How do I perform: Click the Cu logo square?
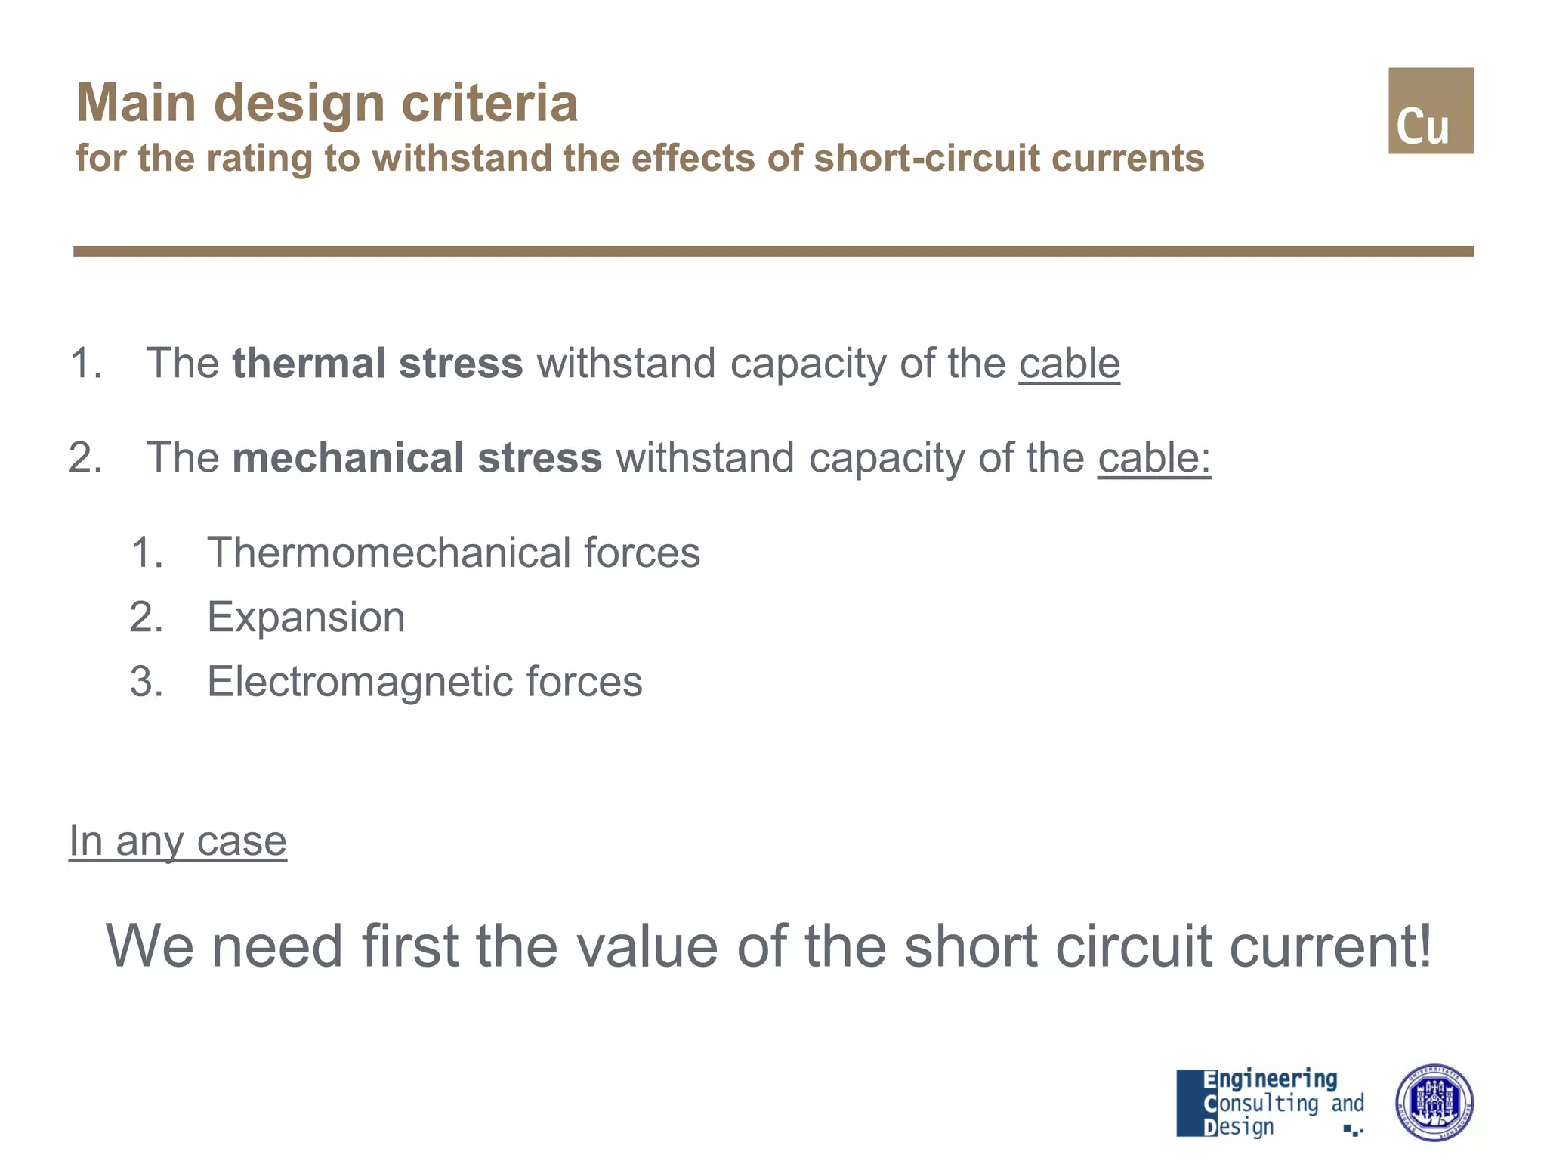(x=1430, y=111)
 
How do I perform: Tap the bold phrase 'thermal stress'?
(x=377, y=363)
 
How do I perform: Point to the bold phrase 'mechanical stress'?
(x=417, y=458)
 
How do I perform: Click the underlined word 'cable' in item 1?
(x=1069, y=364)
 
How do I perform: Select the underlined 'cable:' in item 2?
(x=1153, y=458)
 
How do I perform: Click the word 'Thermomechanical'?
(x=388, y=553)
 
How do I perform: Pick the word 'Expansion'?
(x=306, y=618)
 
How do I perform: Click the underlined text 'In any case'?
(x=178, y=841)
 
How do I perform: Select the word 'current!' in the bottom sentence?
(x=1330, y=946)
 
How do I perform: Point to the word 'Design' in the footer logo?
(x=1239, y=1127)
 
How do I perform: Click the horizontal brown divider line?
(x=773, y=252)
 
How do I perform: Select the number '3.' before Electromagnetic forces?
(x=147, y=682)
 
